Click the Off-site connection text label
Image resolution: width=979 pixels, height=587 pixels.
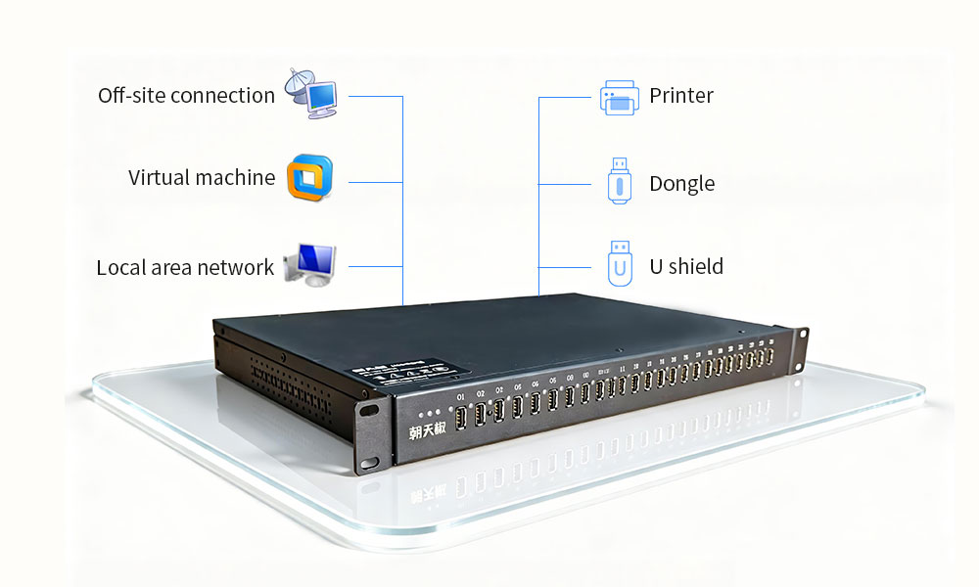point(186,96)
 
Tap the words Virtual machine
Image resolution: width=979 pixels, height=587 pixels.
point(202,178)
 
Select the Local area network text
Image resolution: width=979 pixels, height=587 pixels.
point(185,267)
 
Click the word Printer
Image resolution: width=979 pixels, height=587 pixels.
point(681,96)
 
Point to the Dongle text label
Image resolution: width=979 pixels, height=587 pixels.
point(681,184)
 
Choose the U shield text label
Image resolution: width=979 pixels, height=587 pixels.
point(686,266)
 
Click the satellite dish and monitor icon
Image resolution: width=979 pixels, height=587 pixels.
point(311,93)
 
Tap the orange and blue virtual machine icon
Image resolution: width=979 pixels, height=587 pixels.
point(309,177)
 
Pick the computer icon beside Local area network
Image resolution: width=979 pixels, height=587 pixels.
point(309,264)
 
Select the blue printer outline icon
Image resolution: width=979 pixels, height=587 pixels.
point(619,98)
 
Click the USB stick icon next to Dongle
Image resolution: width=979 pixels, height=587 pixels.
point(619,181)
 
